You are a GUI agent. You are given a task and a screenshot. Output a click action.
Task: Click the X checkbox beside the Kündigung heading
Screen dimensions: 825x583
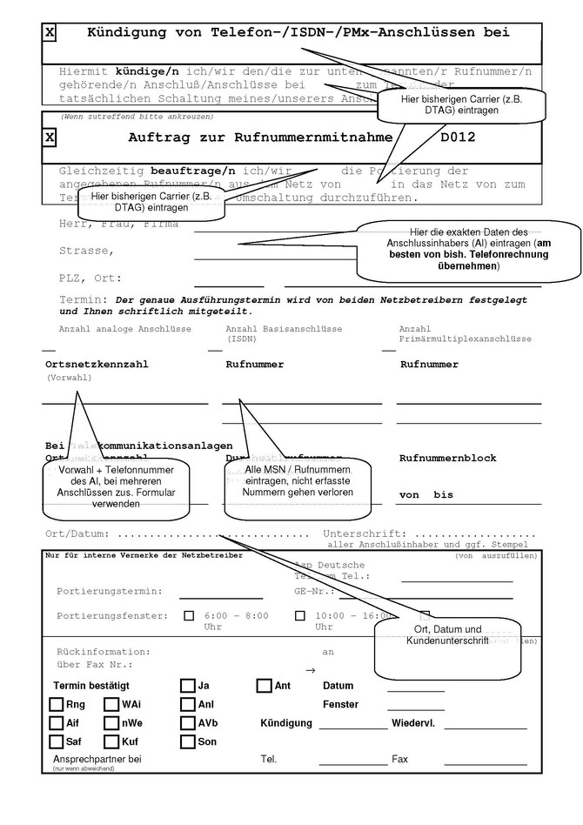pyautogui.click(x=50, y=33)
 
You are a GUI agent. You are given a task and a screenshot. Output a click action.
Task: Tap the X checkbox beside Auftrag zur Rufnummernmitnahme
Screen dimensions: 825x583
pyautogui.click(x=50, y=137)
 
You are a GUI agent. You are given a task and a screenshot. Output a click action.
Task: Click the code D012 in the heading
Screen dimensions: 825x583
pyautogui.click(x=458, y=137)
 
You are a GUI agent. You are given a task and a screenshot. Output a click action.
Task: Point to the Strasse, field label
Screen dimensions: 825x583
pyautogui.click(x=86, y=251)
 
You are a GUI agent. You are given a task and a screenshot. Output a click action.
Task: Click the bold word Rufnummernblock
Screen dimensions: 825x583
pyautogui.click(x=447, y=458)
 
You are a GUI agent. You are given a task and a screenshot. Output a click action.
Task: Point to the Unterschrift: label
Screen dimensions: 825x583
pyautogui.click(x=364, y=533)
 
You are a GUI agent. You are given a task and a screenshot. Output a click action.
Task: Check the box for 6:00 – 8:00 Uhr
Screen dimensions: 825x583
pyautogui.click(x=189, y=616)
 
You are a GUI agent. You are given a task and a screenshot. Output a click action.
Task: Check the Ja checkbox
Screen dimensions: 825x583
pyautogui.click(x=188, y=686)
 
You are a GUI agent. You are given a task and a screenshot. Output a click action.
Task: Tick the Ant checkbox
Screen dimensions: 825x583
pyautogui.click(x=265, y=686)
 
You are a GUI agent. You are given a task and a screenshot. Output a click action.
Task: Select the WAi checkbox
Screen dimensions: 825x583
pyautogui.click(x=111, y=705)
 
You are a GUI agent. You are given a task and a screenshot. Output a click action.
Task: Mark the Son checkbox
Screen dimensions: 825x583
pyautogui.click(x=188, y=742)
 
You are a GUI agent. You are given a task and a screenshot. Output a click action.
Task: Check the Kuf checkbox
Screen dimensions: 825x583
pyautogui.click(x=111, y=742)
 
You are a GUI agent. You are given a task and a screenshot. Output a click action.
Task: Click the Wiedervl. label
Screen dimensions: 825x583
pyautogui.click(x=419, y=723)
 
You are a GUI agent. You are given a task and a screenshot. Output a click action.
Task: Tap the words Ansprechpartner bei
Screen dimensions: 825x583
pyautogui.click(x=97, y=760)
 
